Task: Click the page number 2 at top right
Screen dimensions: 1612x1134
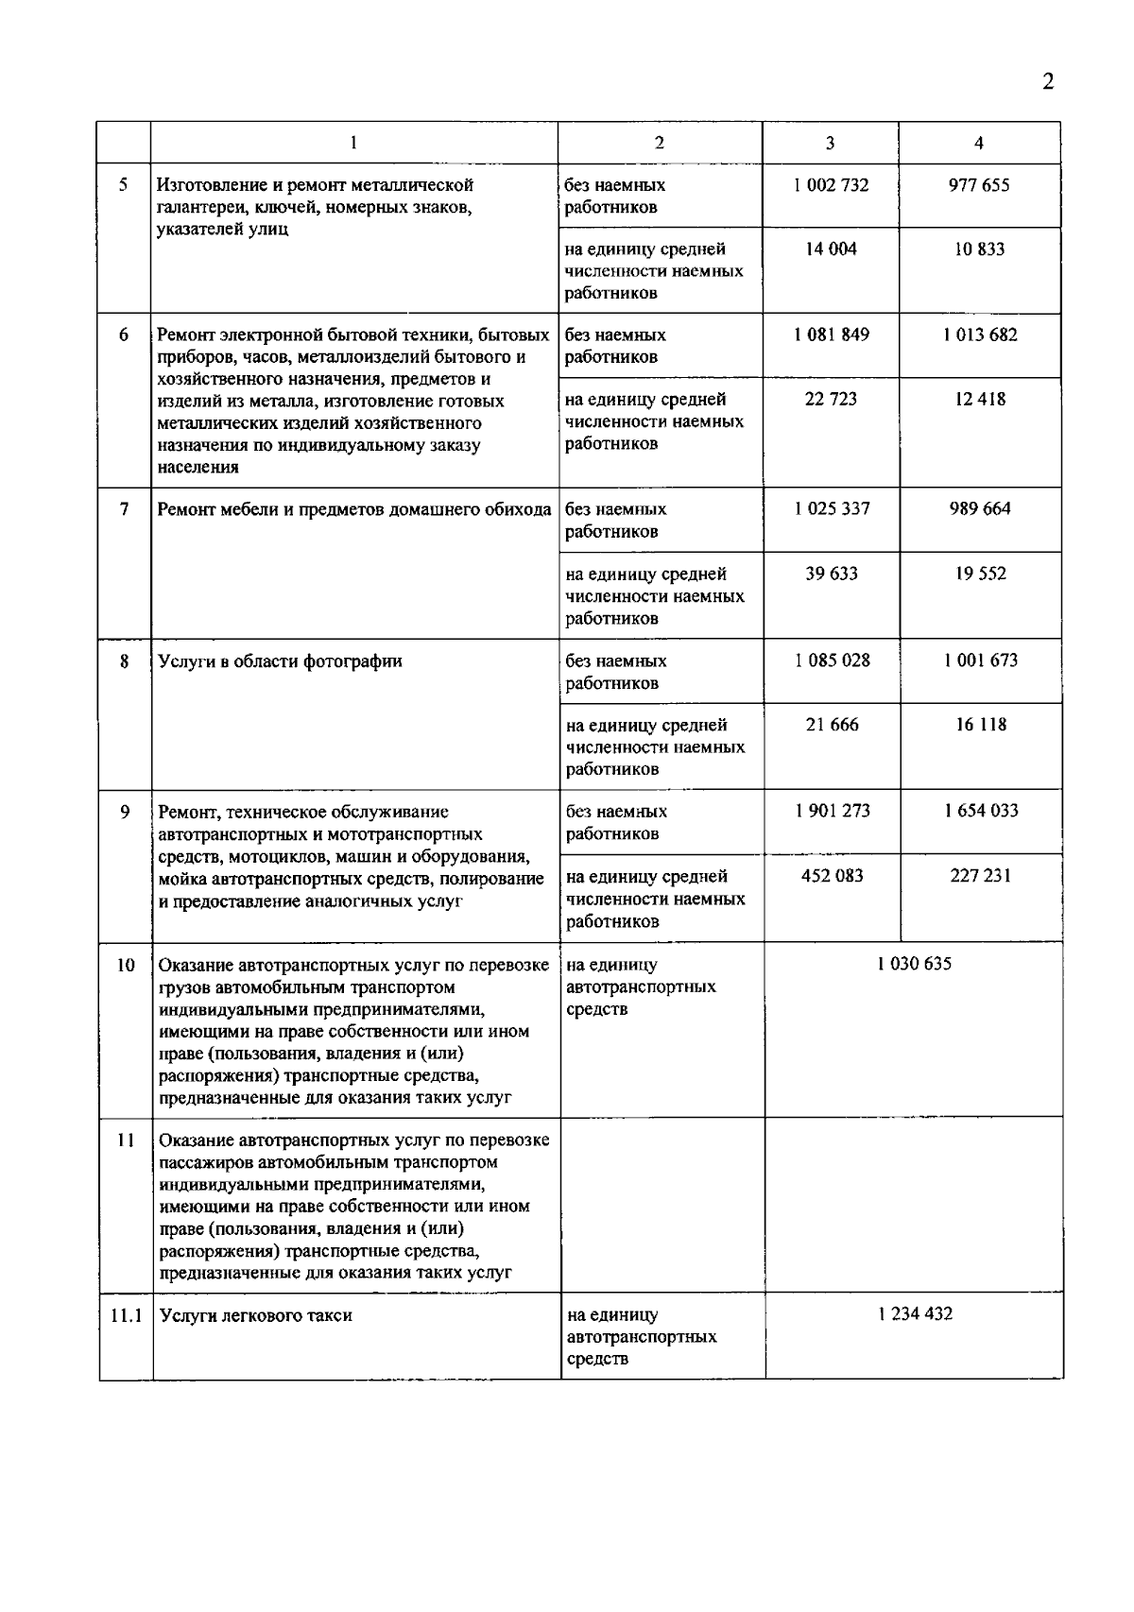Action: coord(1047,81)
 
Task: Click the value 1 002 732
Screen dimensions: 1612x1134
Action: coord(831,185)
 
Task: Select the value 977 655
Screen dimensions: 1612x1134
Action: coord(979,185)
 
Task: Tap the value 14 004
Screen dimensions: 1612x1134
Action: coord(831,249)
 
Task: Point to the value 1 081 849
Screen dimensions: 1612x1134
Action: coord(832,334)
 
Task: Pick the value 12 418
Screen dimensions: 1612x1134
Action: coord(980,399)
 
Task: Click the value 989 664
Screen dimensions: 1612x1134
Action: coord(980,508)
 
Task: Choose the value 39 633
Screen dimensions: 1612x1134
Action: coord(832,574)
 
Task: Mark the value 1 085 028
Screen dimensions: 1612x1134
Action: coord(832,660)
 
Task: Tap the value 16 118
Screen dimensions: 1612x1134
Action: coord(981,725)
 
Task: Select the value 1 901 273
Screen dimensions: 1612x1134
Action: coord(833,811)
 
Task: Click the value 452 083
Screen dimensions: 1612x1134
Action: coord(833,876)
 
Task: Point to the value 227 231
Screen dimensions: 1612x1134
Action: coord(981,876)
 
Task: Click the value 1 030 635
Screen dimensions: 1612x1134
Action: coord(914,964)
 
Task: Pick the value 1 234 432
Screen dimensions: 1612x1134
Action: coord(915,1313)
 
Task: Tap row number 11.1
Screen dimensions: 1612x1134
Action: coord(126,1314)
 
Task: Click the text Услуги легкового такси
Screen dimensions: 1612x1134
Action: coord(256,1315)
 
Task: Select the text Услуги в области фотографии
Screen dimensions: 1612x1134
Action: coord(280,661)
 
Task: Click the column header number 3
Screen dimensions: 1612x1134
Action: coord(830,143)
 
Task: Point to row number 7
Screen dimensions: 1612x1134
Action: coord(124,509)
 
